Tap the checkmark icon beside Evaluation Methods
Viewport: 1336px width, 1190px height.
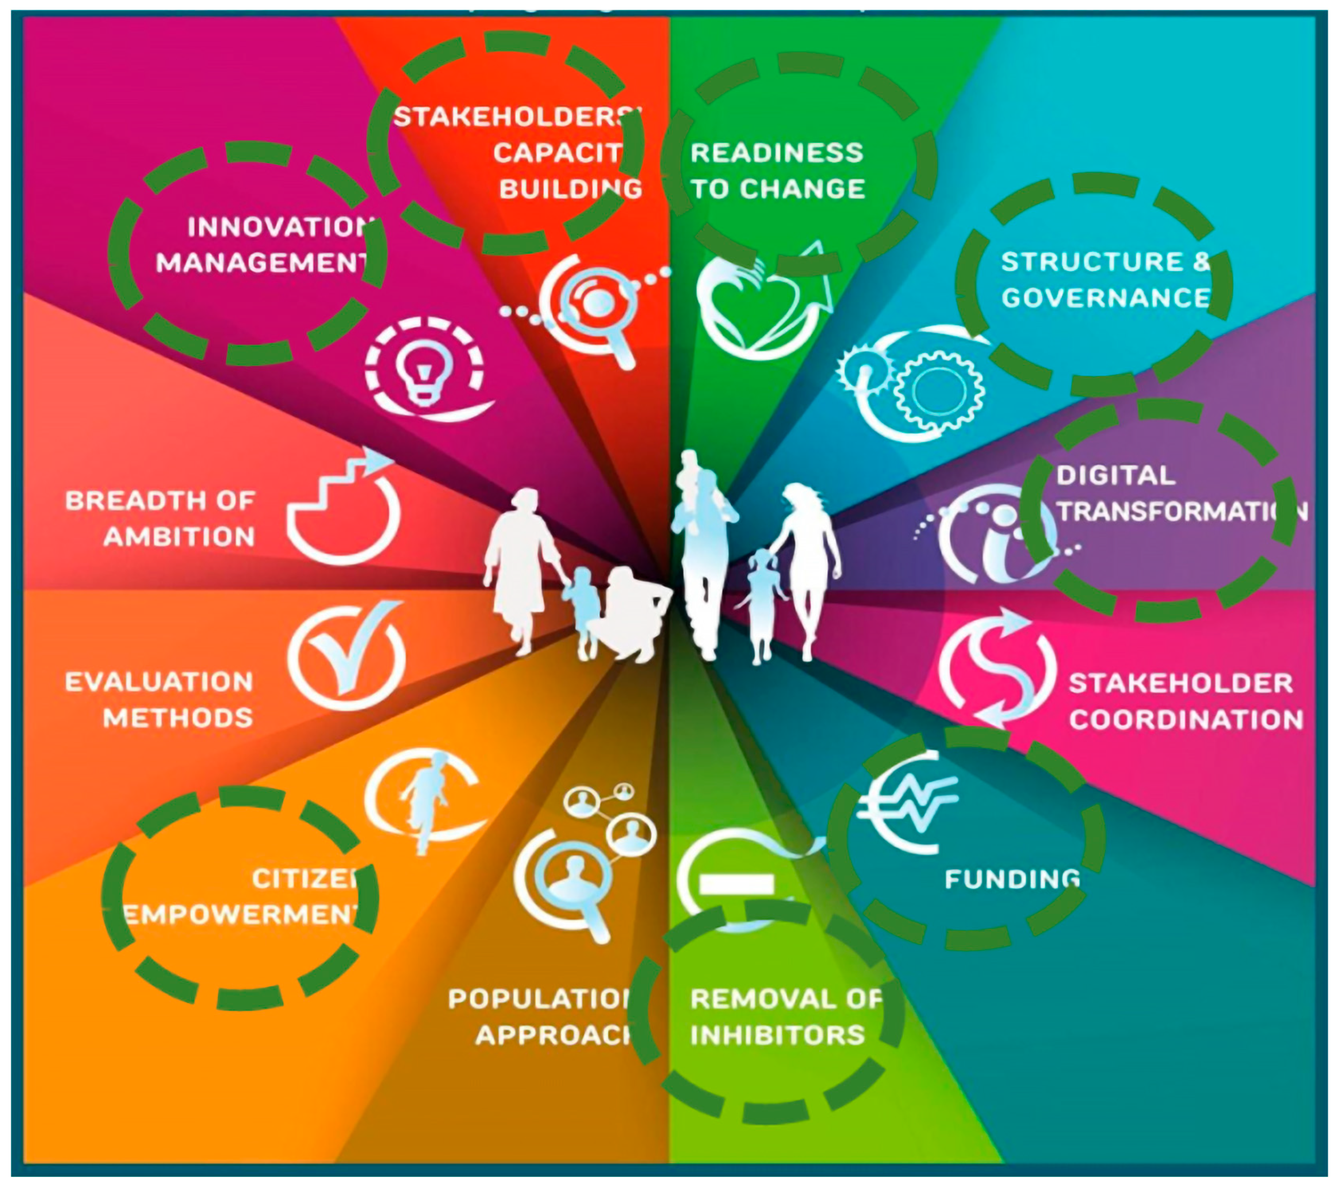pyautogui.click(x=347, y=657)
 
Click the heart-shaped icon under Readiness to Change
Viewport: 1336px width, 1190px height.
pyautogui.click(x=758, y=307)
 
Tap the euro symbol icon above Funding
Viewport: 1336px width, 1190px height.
pyautogui.click(x=906, y=811)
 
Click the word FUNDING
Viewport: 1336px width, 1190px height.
pyautogui.click(x=1012, y=880)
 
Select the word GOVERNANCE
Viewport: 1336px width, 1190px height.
pyautogui.click(x=1105, y=298)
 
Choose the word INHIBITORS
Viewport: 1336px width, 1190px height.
pyautogui.click(x=777, y=1035)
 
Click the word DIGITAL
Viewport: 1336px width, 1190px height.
pyautogui.click(x=1116, y=475)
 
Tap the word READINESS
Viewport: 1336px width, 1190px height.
pyautogui.click(x=777, y=153)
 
